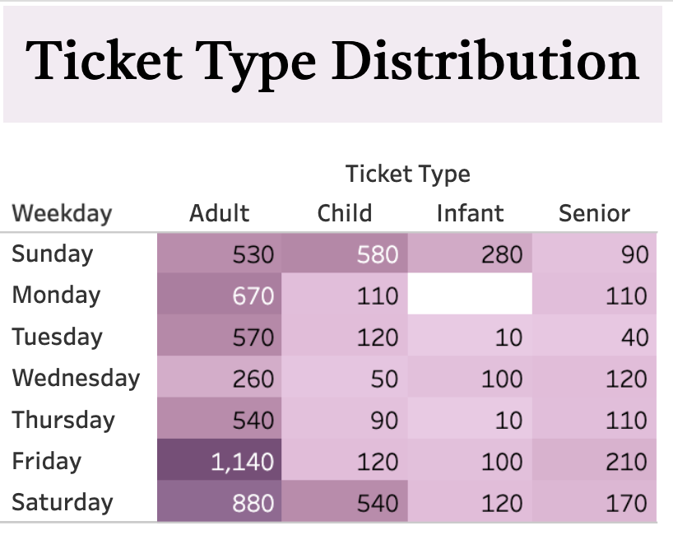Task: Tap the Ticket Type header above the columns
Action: click(x=408, y=174)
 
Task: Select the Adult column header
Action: click(x=220, y=213)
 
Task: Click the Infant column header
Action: click(x=470, y=213)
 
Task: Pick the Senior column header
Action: click(x=595, y=213)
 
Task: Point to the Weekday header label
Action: click(x=63, y=213)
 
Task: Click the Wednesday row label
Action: click(x=77, y=379)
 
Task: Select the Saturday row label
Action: click(x=63, y=502)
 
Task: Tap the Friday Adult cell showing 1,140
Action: click(x=220, y=460)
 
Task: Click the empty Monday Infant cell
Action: click(x=470, y=294)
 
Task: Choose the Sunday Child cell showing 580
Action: click(x=345, y=254)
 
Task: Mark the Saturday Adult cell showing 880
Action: click(x=220, y=501)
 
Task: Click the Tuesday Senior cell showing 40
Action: click(x=595, y=335)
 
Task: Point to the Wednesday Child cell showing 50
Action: click(x=345, y=377)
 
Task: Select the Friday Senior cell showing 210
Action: click(x=595, y=460)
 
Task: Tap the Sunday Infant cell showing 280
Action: click(x=470, y=254)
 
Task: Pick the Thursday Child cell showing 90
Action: click(x=345, y=418)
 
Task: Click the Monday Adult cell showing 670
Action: click(x=220, y=294)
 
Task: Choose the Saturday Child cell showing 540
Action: click(x=345, y=501)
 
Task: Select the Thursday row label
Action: click(x=63, y=420)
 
